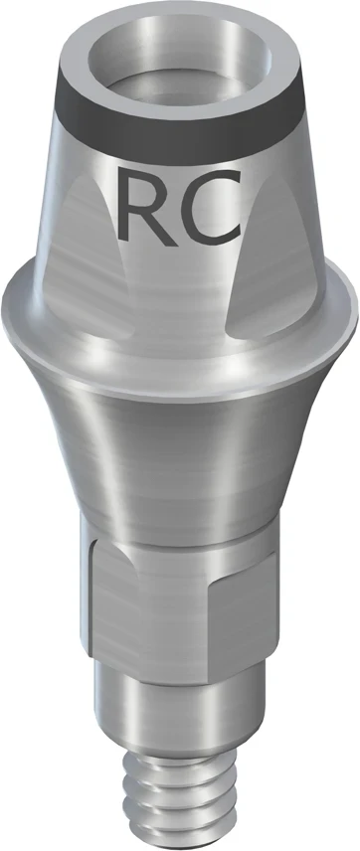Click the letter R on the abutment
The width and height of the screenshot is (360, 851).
tap(144, 207)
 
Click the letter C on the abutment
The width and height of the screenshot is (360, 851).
tap(211, 207)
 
